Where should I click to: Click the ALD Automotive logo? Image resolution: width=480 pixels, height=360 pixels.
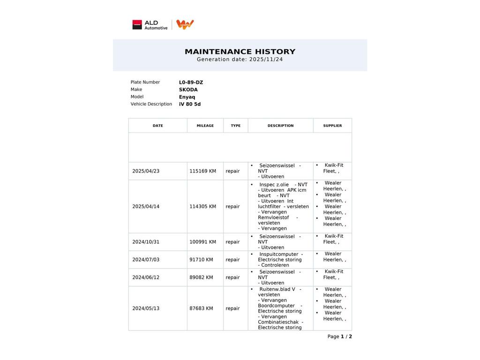tap(150, 25)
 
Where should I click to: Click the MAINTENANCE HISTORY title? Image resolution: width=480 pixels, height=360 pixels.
tap(240, 52)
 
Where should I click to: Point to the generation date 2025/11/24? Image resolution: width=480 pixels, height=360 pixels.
tap(266, 60)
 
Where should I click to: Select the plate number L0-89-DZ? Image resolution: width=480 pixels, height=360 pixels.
tap(191, 82)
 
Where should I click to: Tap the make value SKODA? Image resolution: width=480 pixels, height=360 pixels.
tap(188, 90)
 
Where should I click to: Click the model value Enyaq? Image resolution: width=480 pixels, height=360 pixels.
tap(187, 97)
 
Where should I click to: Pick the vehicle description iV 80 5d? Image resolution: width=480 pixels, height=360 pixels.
tap(189, 104)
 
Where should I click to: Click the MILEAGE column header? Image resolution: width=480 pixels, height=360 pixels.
tap(205, 126)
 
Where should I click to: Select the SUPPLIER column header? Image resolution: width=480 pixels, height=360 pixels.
tap(332, 126)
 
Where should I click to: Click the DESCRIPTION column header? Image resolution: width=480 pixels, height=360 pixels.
tap(280, 126)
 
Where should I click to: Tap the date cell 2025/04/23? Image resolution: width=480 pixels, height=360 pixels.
tap(146, 171)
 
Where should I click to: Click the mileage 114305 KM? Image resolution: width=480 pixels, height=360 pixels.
tap(202, 207)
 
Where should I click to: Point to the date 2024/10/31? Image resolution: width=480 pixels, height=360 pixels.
tap(146, 242)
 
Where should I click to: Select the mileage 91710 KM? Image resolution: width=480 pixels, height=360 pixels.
tap(201, 260)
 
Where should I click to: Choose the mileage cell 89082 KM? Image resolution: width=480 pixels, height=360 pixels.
tap(201, 277)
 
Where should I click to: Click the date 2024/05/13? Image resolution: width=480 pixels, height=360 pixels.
tap(146, 308)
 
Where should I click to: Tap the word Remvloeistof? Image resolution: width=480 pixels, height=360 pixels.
tap(273, 217)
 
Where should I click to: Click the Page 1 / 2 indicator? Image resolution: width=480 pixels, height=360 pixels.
tap(339, 337)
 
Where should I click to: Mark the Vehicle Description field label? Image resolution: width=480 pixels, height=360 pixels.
tap(151, 104)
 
